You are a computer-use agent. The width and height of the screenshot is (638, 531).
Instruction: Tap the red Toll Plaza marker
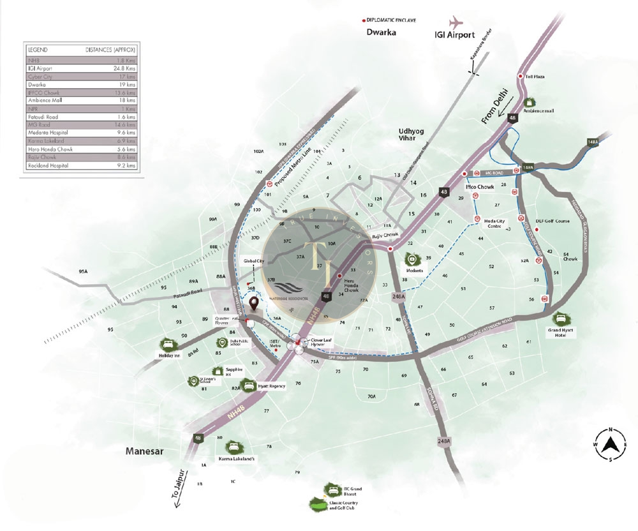pos(520,76)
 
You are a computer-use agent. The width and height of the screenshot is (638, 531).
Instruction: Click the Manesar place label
pos(144,451)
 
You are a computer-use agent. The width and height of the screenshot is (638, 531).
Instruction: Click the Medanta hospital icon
pos(413,259)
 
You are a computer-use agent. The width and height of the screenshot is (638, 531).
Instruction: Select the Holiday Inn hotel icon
pos(168,344)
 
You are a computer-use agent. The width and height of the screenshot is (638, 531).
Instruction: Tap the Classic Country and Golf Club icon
pos(316,504)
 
